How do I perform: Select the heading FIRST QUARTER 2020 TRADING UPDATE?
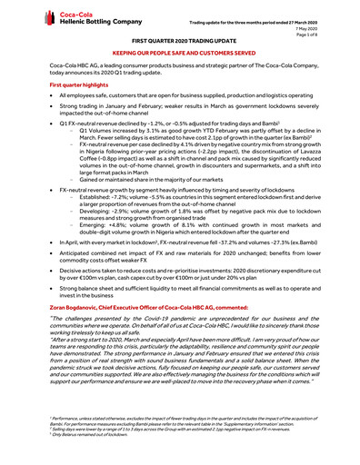[x=181, y=43]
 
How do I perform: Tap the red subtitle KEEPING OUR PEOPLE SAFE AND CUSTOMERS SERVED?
[x=180, y=55]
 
